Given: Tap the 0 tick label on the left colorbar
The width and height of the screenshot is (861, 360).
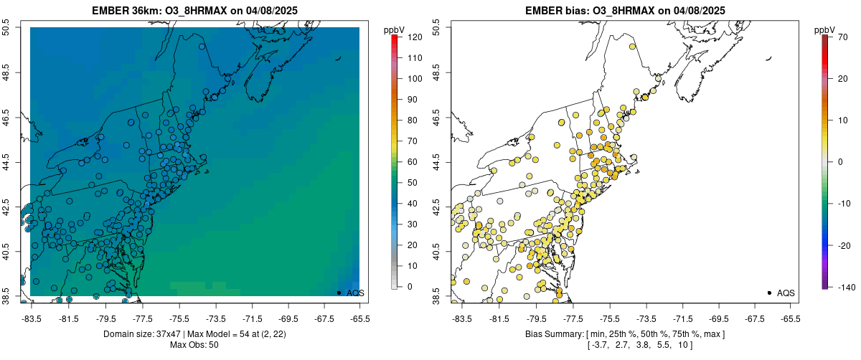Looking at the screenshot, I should tap(410, 287).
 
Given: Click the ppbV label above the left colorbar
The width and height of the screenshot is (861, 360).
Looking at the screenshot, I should tap(395, 29).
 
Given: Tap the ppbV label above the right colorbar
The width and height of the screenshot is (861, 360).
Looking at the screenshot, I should tap(825, 29).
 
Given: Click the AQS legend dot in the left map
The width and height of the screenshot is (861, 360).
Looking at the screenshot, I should tap(339, 293).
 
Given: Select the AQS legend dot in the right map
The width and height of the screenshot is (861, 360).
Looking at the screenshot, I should tap(769, 293).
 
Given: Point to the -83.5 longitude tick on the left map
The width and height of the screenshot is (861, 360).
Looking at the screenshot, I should tap(32, 318).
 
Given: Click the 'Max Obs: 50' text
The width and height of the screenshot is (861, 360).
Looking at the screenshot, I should tap(194, 345).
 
